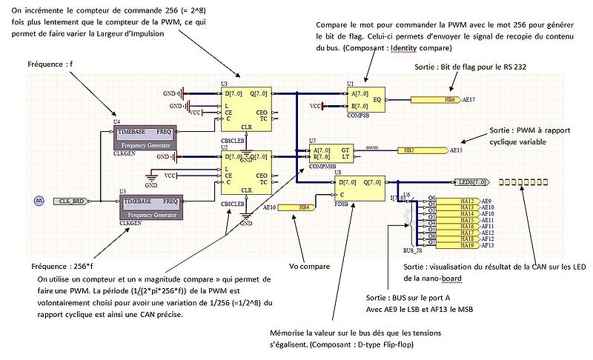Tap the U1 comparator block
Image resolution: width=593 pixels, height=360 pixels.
pyautogui.click(x=363, y=100)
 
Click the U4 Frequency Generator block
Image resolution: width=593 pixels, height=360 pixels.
pyautogui.click(x=144, y=137)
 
